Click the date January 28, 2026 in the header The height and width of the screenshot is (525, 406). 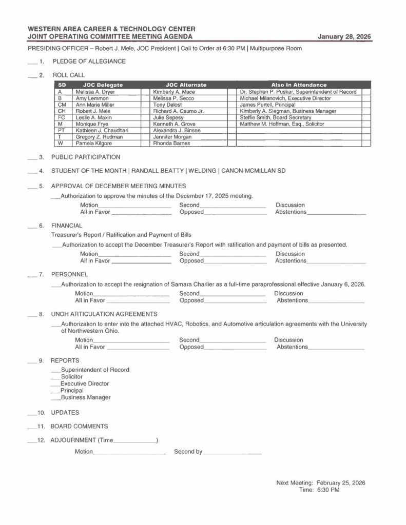[x=344, y=37]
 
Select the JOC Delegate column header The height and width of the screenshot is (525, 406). [x=103, y=85]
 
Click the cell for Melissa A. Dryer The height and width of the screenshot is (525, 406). [x=95, y=92]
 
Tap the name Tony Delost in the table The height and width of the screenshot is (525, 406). [x=167, y=105]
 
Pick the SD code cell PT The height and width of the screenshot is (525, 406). [x=61, y=130]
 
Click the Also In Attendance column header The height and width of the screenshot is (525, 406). [x=298, y=85]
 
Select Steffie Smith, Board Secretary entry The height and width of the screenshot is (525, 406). [x=276, y=117]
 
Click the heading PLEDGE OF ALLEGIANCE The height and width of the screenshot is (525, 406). [x=89, y=62]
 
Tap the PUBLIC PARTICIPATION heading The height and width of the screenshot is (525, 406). [x=86, y=157]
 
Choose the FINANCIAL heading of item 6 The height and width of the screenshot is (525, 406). [x=67, y=225]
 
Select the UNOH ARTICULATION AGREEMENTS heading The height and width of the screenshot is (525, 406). [x=104, y=314]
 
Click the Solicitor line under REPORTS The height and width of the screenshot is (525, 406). [x=72, y=377]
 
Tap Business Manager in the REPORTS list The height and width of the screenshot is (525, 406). [x=86, y=397]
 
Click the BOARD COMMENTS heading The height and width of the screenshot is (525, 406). [x=79, y=426]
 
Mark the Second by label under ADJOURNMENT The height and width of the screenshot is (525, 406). [x=188, y=452]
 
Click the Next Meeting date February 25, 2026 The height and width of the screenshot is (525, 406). [x=341, y=483]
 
